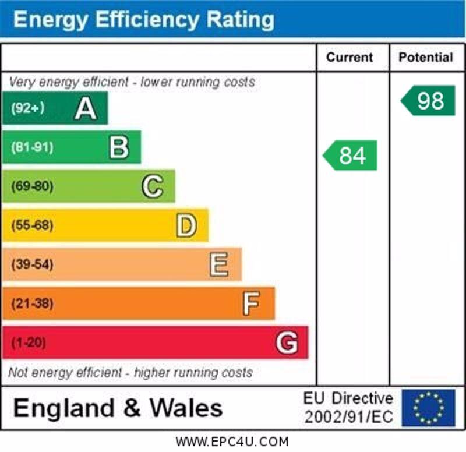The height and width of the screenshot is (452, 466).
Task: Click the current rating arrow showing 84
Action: coord(351,156)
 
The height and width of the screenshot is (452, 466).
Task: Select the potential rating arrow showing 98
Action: coord(429,101)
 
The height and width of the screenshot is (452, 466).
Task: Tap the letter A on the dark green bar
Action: coord(85,108)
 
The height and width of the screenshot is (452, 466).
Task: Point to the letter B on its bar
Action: coord(119,147)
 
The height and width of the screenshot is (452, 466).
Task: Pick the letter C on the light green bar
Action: coord(152,186)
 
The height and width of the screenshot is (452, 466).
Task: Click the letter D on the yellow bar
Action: coord(186,225)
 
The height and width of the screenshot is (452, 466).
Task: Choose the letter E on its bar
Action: coord(219,264)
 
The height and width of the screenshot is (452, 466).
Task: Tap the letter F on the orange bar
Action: coord(251,303)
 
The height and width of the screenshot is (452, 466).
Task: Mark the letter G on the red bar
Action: coord(287,342)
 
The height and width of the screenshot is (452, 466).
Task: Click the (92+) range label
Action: coord(27,108)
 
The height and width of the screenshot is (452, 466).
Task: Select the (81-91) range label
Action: coord(31,147)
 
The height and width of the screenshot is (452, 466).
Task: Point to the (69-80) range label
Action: coord(31,186)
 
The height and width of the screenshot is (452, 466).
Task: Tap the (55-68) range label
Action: coord(31,225)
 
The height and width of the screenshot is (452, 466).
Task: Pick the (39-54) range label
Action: coord(31,264)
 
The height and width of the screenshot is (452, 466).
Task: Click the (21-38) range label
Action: coord(31,303)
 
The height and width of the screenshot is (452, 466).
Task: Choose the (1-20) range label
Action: coord(29,342)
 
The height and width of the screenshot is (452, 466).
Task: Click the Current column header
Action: coord(349,57)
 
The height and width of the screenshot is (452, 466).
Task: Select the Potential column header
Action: coord(426,57)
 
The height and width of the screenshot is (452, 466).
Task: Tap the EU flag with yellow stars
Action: coord(428,408)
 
